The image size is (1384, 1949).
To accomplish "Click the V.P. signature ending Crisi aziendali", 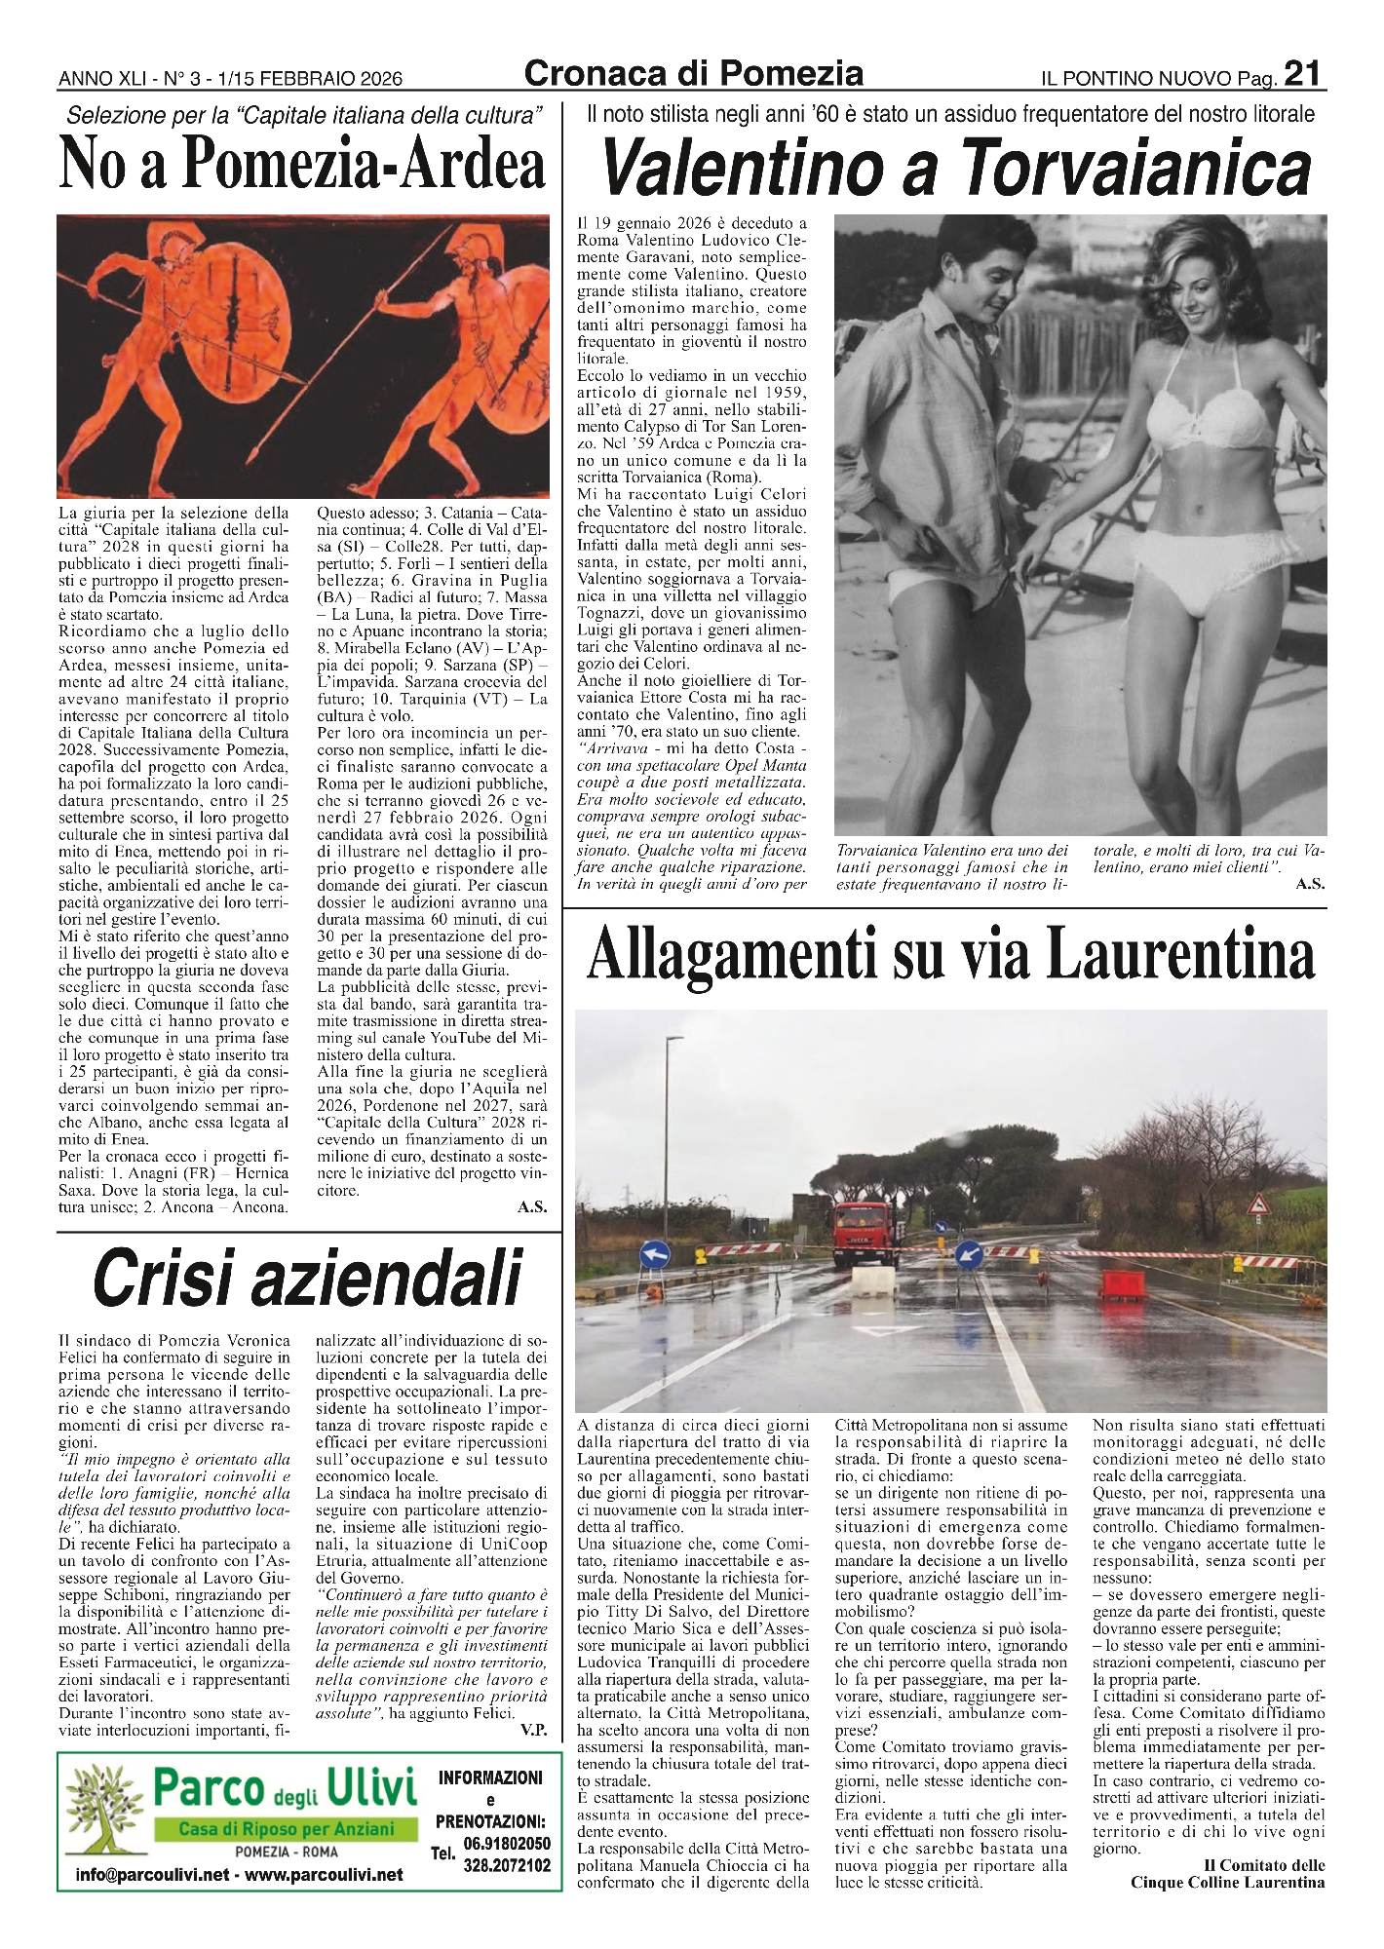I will [x=534, y=1730].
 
